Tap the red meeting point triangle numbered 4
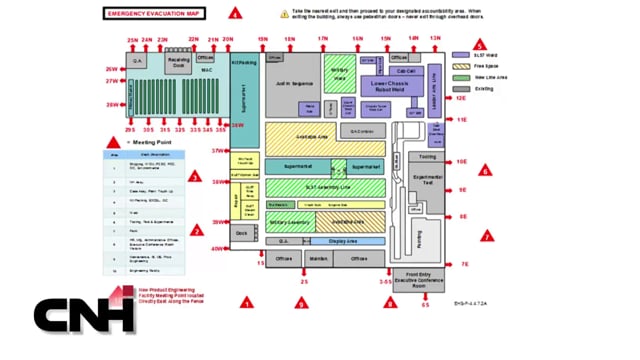point(236,14)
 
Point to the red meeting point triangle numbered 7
point(486,237)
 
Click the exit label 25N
point(132,40)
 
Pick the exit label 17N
point(323,38)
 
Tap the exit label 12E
point(462,99)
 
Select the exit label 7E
point(464,263)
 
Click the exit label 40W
point(217,249)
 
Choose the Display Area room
point(343,241)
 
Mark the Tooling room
point(427,157)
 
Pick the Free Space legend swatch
point(460,64)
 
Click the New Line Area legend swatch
point(460,76)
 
